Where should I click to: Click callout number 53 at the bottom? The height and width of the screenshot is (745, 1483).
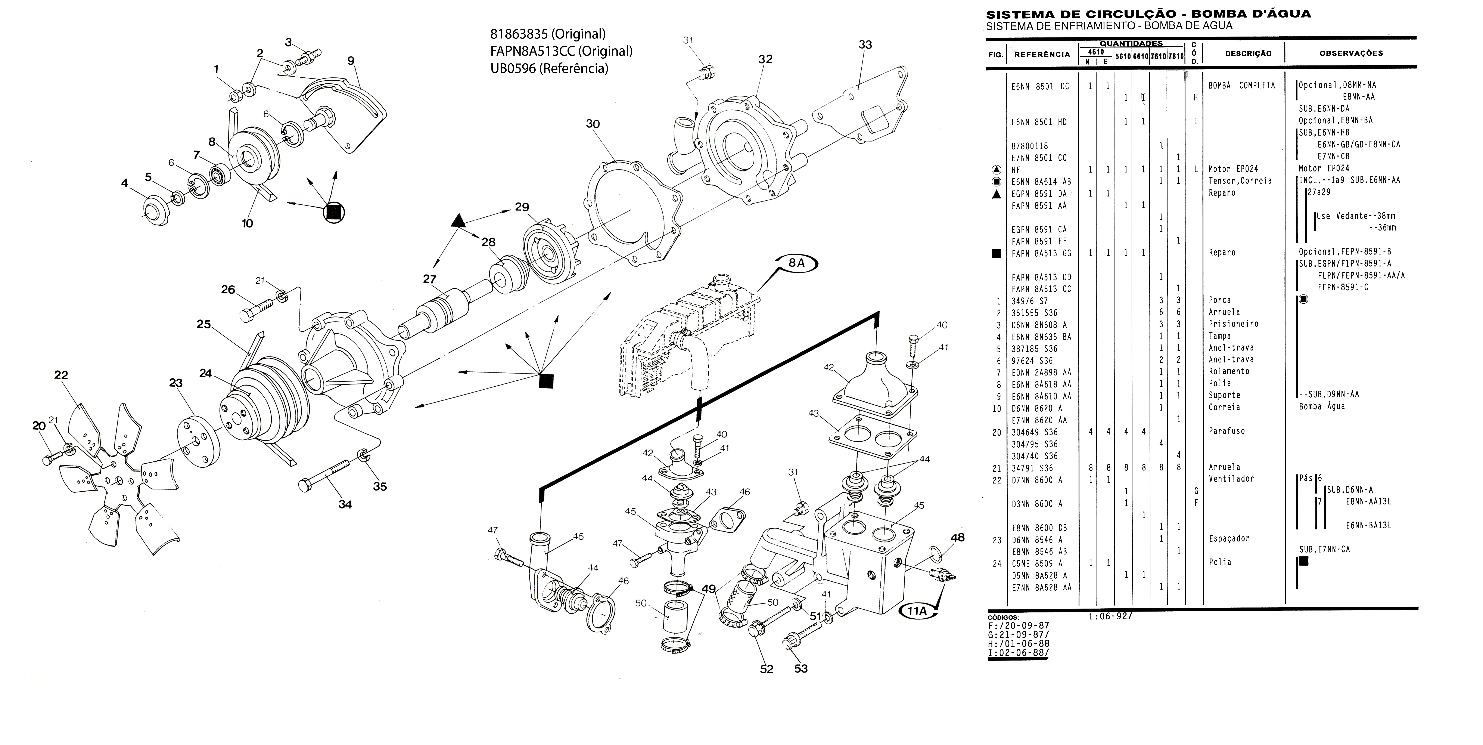(x=801, y=668)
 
